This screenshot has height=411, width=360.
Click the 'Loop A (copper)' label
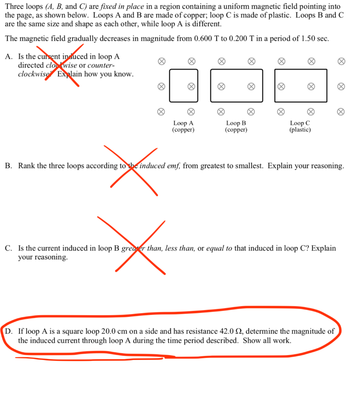[183, 126]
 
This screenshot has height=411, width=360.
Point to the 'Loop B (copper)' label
[236, 126]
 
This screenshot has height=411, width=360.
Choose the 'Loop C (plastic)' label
[300, 126]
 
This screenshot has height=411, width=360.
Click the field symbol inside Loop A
[192, 86]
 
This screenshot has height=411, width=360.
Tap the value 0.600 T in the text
[207, 39]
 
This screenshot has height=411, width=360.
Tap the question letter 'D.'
[9, 332]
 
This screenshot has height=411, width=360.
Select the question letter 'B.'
[9, 166]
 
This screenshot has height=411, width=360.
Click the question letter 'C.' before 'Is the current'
[9, 248]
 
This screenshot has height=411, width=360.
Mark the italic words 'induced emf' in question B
[160, 166]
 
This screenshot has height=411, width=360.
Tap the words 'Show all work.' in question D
[267, 341]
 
